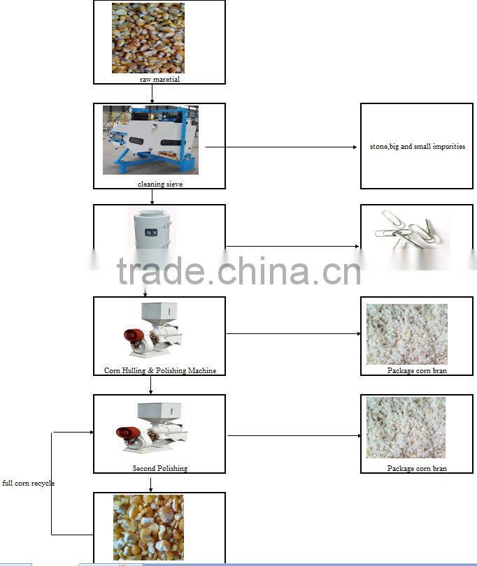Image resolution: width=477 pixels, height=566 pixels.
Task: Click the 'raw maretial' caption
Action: (x=159, y=80)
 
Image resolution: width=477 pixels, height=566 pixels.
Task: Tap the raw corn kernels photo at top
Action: (x=148, y=38)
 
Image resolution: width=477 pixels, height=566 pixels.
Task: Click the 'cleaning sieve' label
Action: (x=160, y=184)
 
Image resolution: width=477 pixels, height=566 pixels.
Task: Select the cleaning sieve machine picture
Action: (x=150, y=140)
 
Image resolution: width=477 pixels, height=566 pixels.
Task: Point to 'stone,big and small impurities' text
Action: (x=418, y=147)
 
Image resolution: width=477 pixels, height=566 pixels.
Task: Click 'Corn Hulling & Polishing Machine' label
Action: (x=160, y=370)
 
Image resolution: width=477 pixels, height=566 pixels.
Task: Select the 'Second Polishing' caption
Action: (x=160, y=468)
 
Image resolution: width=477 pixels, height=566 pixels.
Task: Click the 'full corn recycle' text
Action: (x=28, y=483)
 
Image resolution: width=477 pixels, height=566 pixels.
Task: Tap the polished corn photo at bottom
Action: (x=148, y=527)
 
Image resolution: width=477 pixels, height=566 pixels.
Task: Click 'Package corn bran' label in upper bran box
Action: (x=417, y=370)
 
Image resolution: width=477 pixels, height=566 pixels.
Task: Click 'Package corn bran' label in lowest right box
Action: (x=417, y=468)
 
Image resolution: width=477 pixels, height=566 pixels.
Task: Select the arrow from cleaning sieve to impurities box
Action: (x=280, y=147)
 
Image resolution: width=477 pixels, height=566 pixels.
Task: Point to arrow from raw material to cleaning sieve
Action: (x=152, y=94)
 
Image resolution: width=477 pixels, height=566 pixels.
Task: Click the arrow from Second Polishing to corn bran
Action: (x=294, y=436)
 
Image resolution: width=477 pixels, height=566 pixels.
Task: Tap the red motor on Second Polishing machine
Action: (x=127, y=434)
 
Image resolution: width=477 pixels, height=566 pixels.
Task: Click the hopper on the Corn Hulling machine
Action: (x=160, y=312)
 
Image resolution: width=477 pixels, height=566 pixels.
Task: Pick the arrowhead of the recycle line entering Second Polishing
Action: (x=90, y=432)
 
